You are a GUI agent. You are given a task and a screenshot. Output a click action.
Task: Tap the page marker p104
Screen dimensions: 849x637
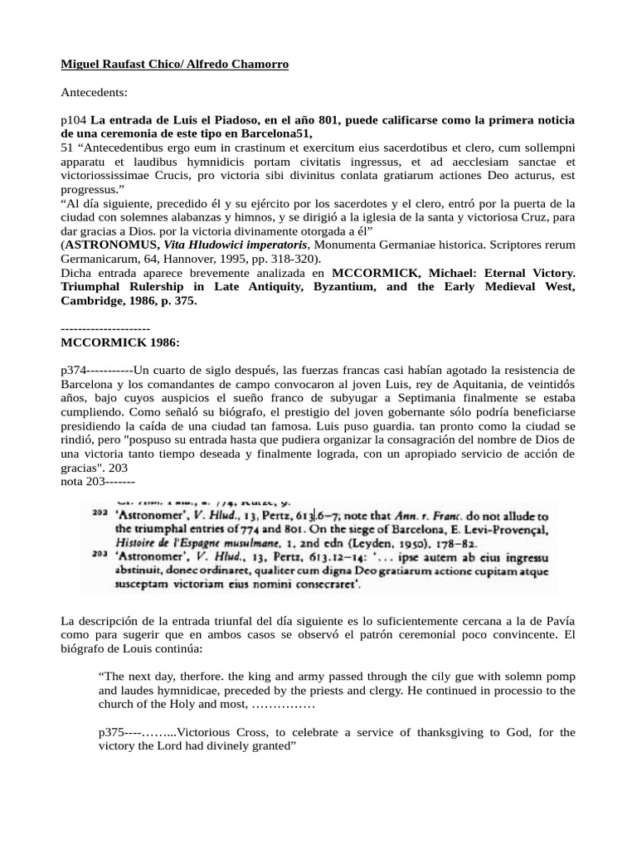(74, 120)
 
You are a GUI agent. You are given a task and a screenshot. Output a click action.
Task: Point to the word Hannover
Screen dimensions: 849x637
(173, 259)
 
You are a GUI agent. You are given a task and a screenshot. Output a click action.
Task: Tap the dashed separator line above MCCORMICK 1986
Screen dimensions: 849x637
(105, 328)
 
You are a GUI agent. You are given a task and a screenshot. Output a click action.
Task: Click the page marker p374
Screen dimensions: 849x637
(74, 369)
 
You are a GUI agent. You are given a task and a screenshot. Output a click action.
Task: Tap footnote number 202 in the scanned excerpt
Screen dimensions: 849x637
(101, 515)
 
